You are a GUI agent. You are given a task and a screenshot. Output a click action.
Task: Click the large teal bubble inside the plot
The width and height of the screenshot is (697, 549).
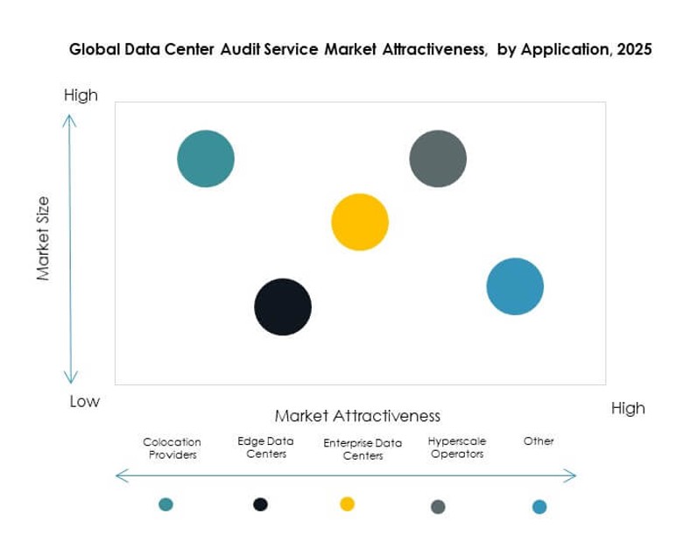pos(206,158)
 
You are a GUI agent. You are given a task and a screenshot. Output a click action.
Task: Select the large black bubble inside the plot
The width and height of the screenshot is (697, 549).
pos(283,307)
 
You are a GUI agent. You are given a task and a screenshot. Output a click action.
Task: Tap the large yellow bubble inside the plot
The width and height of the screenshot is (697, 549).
pos(360,222)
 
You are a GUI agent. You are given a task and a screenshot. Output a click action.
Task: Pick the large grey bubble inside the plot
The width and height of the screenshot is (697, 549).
pos(438,158)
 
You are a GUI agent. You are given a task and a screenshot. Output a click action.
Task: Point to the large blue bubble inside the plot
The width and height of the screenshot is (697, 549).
pos(515,286)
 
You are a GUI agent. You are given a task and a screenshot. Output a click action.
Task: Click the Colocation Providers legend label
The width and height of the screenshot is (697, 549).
pos(172,448)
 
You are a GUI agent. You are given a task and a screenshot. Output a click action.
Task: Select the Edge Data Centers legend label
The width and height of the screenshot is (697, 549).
pos(266,447)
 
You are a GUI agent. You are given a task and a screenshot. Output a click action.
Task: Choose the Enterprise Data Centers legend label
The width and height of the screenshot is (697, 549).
pos(363,449)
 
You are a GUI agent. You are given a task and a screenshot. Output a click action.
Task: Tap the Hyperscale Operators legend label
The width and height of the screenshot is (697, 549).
pos(457,447)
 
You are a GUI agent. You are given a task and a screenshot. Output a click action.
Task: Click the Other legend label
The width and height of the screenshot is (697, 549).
pos(539,441)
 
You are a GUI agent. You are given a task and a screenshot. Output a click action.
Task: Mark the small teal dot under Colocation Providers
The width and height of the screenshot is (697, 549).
pos(165,503)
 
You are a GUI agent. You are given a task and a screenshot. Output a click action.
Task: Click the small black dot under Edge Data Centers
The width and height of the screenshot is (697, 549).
pos(260,503)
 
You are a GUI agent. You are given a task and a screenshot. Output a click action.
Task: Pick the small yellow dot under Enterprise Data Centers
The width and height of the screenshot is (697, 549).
pos(347,503)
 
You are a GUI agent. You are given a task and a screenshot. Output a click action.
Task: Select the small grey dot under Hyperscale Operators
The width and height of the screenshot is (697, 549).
pos(439,506)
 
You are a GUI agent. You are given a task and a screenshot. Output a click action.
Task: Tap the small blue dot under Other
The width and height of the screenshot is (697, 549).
pos(539,506)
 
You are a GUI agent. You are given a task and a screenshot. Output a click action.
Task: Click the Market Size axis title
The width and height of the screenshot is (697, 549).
pos(42,238)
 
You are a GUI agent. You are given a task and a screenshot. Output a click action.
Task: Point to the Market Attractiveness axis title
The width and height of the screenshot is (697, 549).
pos(357,415)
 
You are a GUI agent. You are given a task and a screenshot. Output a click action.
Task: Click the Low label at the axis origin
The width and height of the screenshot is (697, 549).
pos(85,402)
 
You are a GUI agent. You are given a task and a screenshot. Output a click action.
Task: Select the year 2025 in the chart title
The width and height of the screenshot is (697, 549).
pos(633,50)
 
